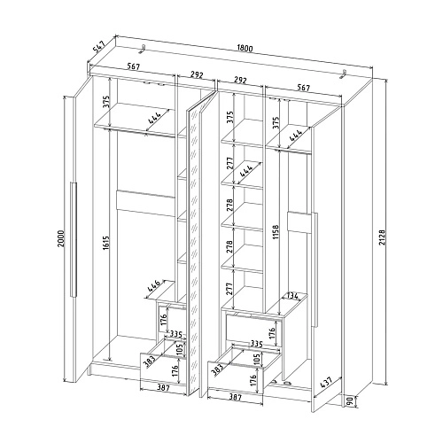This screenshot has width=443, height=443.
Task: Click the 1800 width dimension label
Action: (x=245, y=48)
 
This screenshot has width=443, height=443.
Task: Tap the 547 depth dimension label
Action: (x=98, y=47)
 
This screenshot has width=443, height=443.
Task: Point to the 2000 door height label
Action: (x=60, y=238)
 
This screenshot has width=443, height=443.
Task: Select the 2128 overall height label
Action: (x=381, y=237)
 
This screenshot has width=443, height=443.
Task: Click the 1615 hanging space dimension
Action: (x=106, y=243)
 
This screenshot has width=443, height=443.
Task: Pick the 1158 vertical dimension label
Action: (x=276, y=232)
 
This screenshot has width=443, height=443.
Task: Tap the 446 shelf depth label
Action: (x=153, y=286)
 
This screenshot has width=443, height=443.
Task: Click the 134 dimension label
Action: (x=292, y=296)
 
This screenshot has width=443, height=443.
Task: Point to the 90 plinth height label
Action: (x=350, y=401)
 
